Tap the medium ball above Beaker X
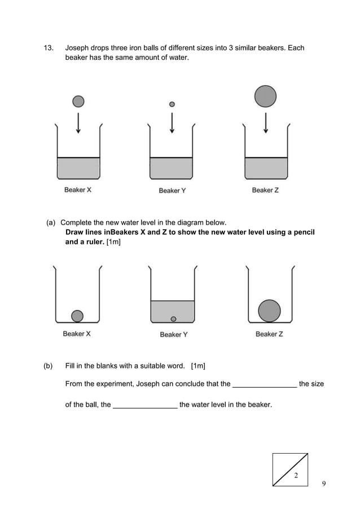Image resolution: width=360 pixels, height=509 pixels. point(78,101)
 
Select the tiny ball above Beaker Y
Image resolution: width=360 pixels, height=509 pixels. point(172,104)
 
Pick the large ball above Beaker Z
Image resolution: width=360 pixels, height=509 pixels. point(265,96)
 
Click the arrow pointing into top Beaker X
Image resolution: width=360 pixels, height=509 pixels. point(78,122)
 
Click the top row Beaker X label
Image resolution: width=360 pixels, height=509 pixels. point(78,190)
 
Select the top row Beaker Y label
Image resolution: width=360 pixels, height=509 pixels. point(172,191)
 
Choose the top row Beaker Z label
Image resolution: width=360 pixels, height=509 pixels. point(265,190)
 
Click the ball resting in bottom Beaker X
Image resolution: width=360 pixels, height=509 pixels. point(77,315)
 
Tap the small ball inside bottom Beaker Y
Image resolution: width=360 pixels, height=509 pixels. point(173,319)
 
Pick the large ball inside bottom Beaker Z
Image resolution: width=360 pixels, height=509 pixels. point(269,310)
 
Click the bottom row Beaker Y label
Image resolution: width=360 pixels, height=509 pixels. point(174,335)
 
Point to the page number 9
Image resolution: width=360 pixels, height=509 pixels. point(324,484)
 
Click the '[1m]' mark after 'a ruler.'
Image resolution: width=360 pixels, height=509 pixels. point(115,242)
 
